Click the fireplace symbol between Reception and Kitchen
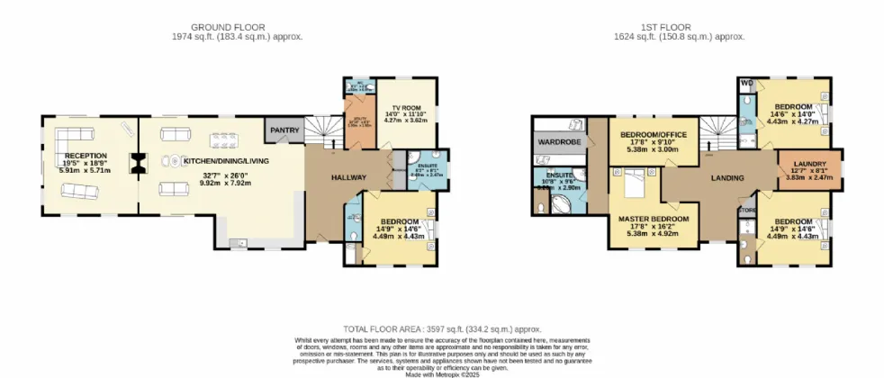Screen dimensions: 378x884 [138, 162]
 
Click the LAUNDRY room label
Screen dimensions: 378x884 [810, 163]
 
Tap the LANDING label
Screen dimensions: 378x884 [726, 178]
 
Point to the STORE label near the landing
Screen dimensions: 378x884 [745, 212]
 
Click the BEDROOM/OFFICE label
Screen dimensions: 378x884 [654, 135]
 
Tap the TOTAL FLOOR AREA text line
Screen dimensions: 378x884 [441, 330]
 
